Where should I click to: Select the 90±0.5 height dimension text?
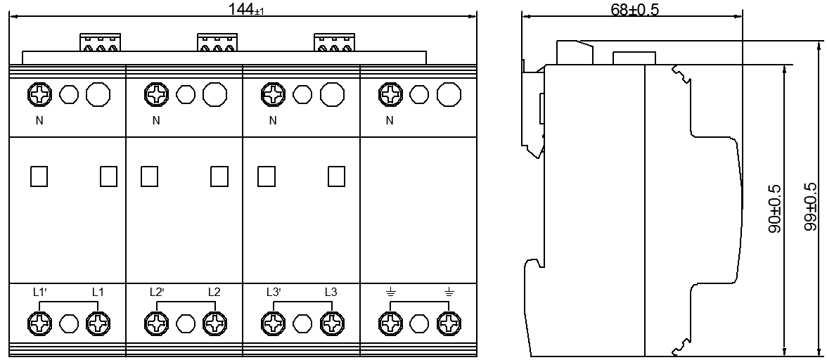775,209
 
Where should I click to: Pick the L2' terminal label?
157,291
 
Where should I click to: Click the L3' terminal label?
274,291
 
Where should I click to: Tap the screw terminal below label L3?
330,323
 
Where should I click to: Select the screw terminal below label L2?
213,323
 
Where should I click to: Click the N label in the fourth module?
390,121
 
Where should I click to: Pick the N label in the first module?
39,121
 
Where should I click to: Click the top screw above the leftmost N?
41,94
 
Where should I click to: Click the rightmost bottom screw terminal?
447,323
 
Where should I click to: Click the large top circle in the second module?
215,94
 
